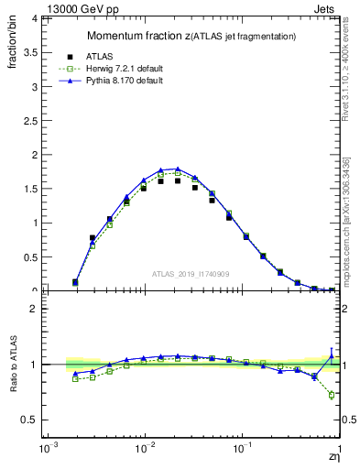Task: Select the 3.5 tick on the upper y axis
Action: (31, 52)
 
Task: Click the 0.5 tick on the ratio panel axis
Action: (31, 420)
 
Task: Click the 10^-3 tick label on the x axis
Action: (47, 450)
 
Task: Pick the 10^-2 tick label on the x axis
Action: (144, 450)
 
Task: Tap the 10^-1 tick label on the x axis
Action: (241, 450)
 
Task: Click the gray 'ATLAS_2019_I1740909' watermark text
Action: (191, 274)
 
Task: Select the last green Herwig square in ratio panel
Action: (332, 395)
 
